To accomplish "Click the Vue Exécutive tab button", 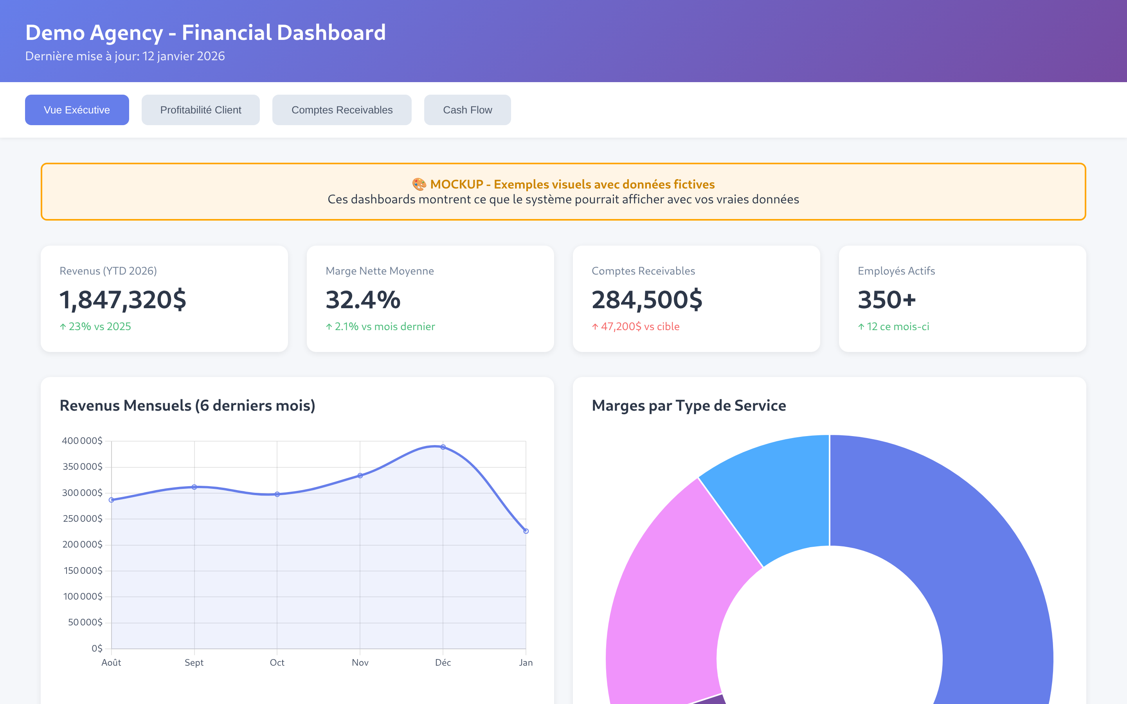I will [x=77, y=110].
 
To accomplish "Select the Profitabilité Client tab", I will [x=200, y=110].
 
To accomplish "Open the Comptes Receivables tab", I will [x=342, y=110].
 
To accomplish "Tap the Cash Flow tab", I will [x=467, y=110].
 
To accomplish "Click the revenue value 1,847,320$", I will [x=123, y=299].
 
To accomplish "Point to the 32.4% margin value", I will [x=363, y=299].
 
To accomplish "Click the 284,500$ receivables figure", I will [x=647, y=299].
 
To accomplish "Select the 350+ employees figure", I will [x=887, y=299].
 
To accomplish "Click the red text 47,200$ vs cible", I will [x=639, y=327].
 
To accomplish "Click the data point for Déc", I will [x=443, y=447].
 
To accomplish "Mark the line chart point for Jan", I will [x=526, y=531].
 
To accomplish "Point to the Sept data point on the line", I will [x=194, y=487].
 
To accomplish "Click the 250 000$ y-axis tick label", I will [x=83, y=519].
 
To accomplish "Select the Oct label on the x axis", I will [x=277, y=663].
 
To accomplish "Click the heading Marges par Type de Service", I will [x=689, y=406].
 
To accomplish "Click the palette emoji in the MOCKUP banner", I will [x=419, y=184].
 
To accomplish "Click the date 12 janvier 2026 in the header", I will [x=184, y=56].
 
